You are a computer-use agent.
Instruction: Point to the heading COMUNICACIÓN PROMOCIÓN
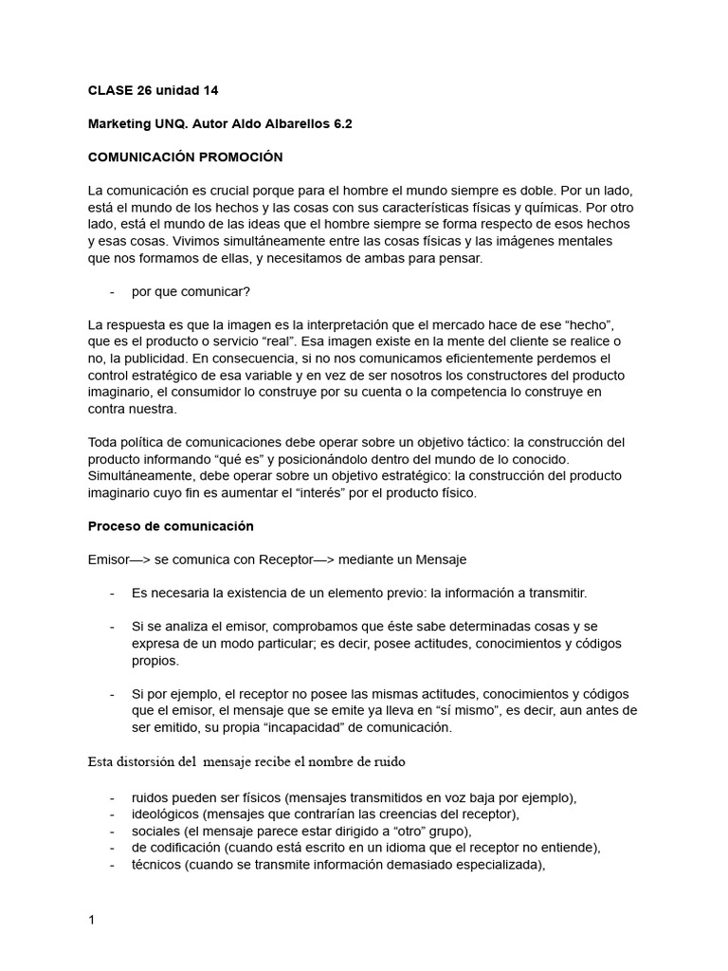[x=185, y=156]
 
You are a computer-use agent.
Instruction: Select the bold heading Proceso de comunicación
[x=171, y=526]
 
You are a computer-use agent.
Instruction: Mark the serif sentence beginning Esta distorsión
[x=248, y=760]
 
